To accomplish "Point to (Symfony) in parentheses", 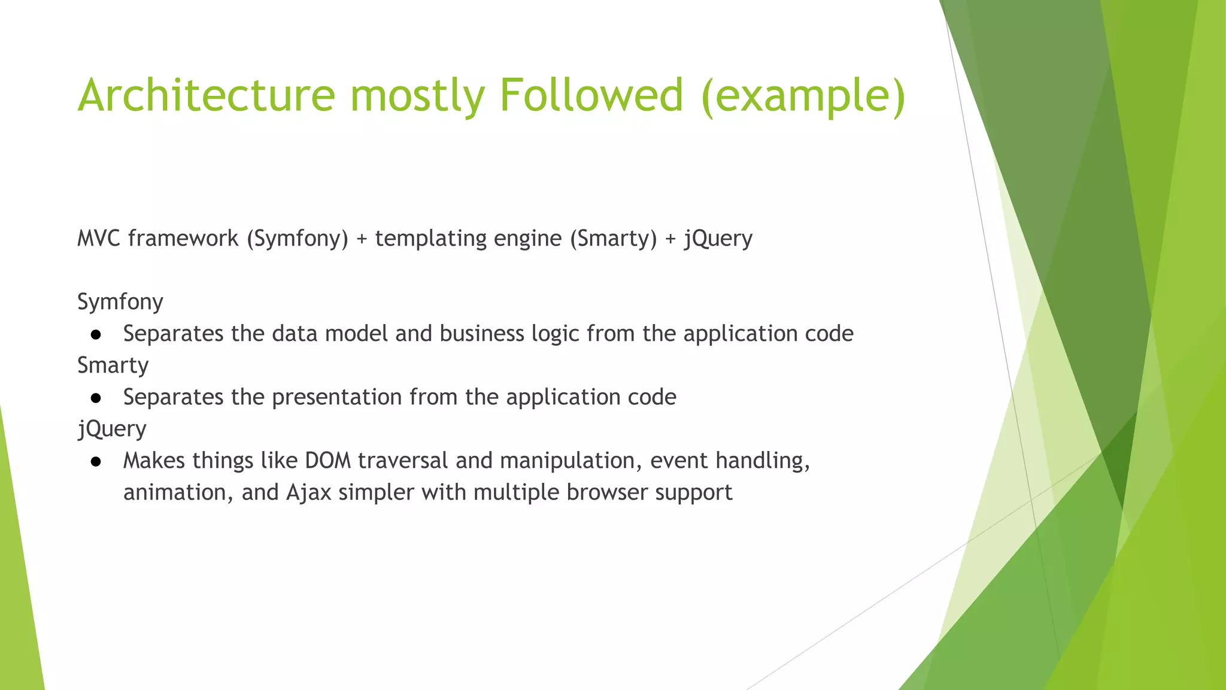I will [298, 239].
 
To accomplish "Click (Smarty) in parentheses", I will [613, 239].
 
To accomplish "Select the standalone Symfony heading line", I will [120, 302].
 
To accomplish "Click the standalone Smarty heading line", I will [113, 365].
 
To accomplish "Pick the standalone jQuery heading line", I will [112, 429].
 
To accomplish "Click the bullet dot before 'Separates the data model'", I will [96, 334].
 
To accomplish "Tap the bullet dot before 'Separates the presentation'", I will [96, 398].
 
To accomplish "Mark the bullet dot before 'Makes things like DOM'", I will [96, 461].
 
